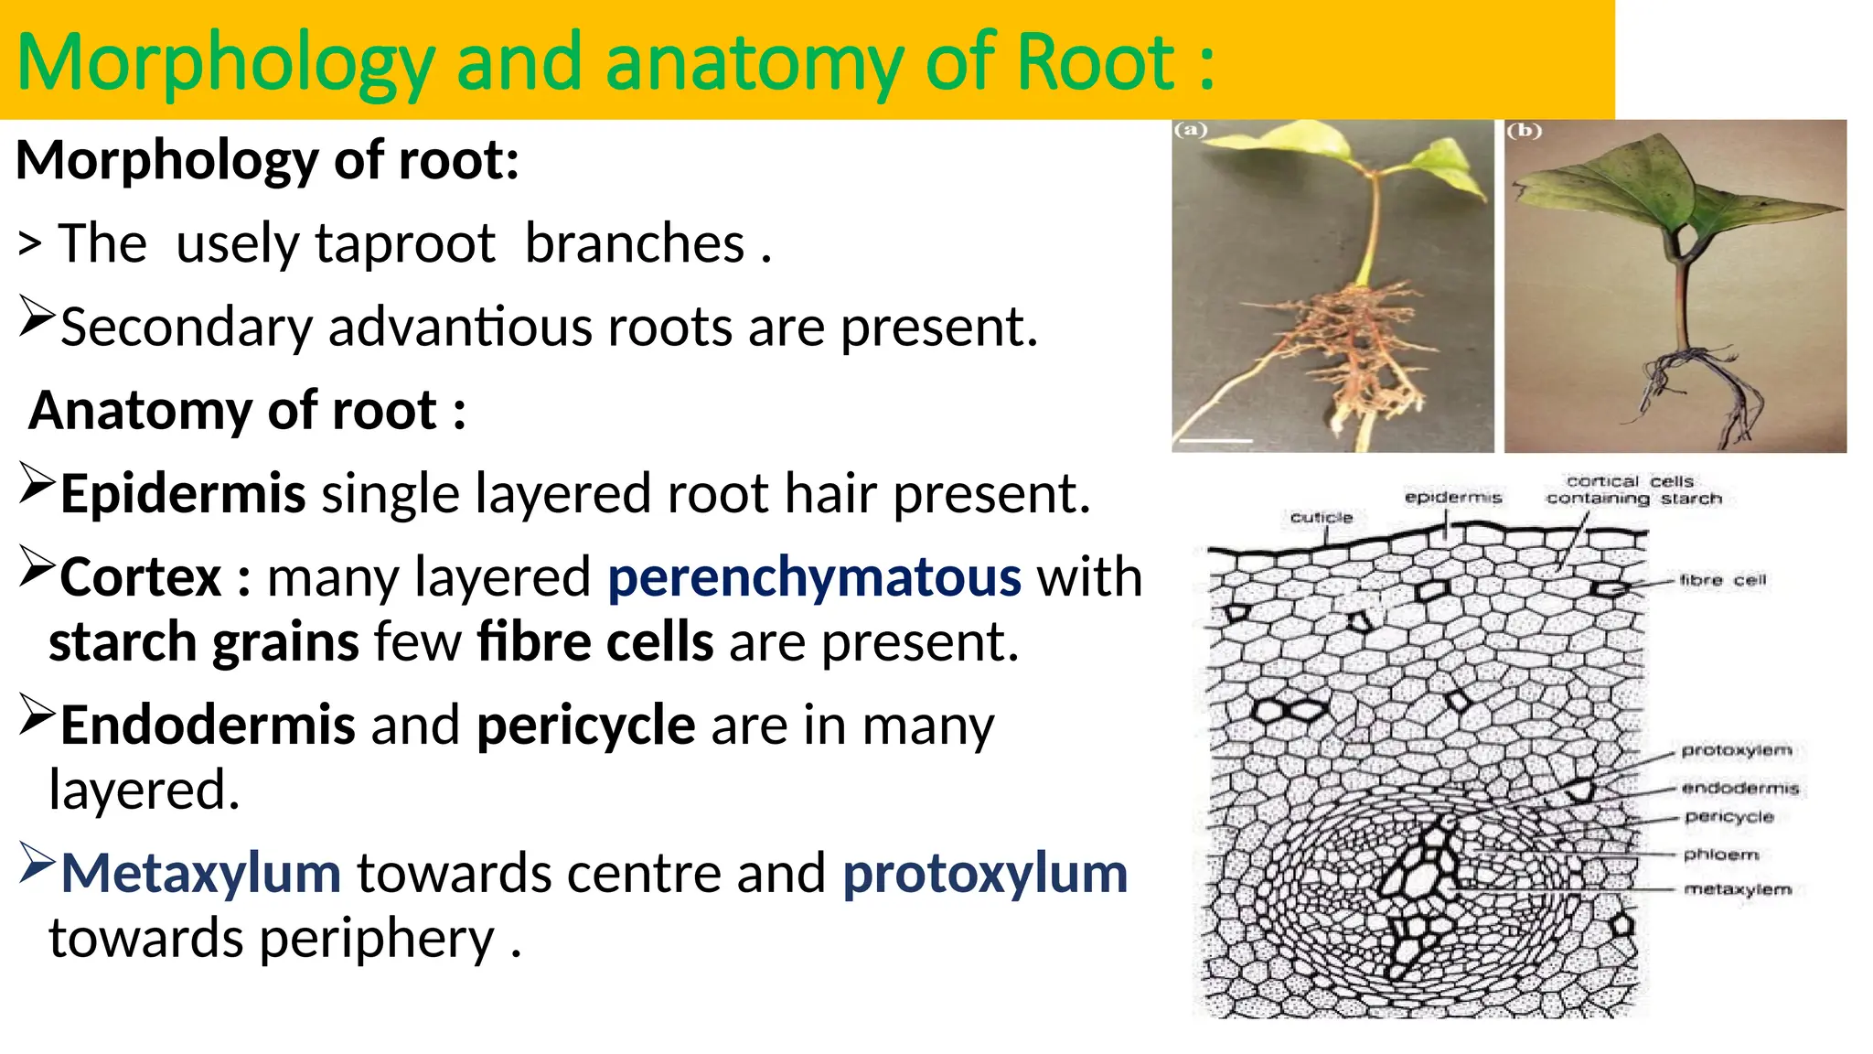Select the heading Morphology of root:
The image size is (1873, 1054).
(x=268, y=160)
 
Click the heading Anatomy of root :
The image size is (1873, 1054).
(x=247, y=410)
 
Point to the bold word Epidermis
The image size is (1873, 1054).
(x=183, y=494)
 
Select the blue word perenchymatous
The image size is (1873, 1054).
(x=814, y=577)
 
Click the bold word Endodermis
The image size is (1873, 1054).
(x=208, y=725)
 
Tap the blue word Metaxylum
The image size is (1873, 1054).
(x=201, y=873)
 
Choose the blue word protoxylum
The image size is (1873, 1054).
(x=985, y=873)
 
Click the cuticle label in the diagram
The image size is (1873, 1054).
(x=1321, y=518)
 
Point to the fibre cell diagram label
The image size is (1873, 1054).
(x=1723, y=580)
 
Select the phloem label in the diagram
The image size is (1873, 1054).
(x=1721, y=855)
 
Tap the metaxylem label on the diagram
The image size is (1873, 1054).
(x=1738, y=889)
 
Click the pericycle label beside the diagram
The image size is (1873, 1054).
(x=1729, y=817)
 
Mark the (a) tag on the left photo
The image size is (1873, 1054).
(x=1191, y=131)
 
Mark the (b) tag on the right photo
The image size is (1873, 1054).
(x=1524, y=131)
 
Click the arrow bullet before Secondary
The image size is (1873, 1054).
(x=37, y=318)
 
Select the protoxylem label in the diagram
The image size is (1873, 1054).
(x=1736, y=750)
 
